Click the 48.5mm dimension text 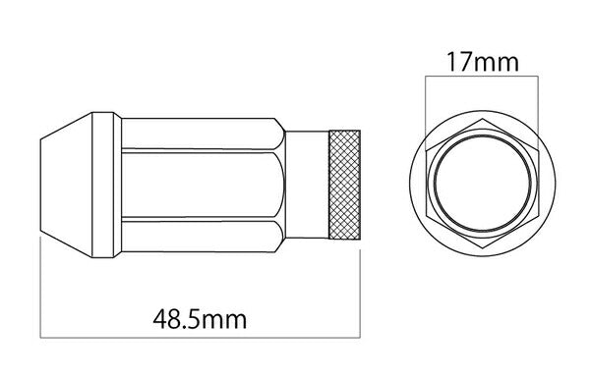click(x=200, y=318)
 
